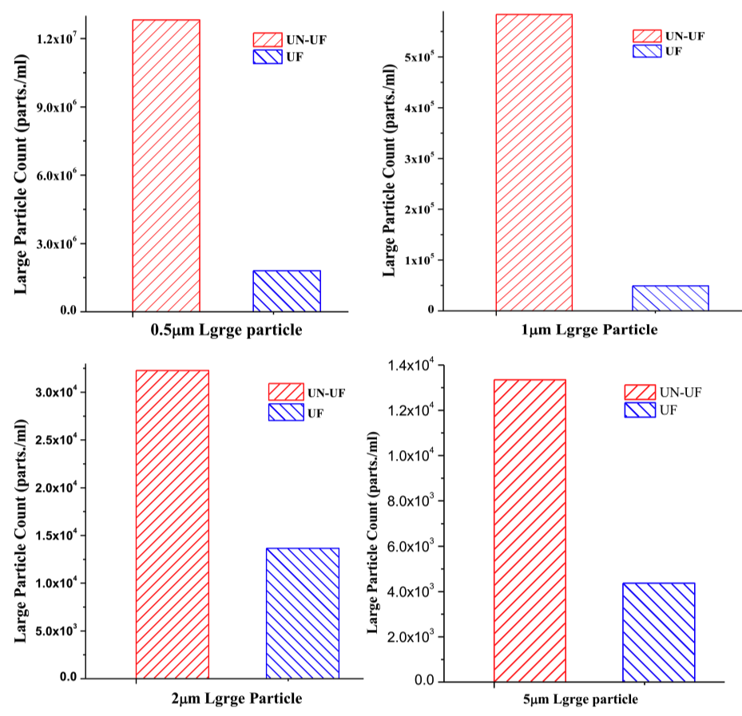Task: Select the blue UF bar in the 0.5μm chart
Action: point(286,291)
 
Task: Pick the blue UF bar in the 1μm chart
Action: point(670,298)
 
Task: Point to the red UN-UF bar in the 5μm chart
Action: point(530,531)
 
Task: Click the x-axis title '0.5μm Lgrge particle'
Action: point(227,330)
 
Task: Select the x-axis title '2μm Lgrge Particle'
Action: point(237,699)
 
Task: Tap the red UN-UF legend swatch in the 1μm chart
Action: point(646,36)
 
